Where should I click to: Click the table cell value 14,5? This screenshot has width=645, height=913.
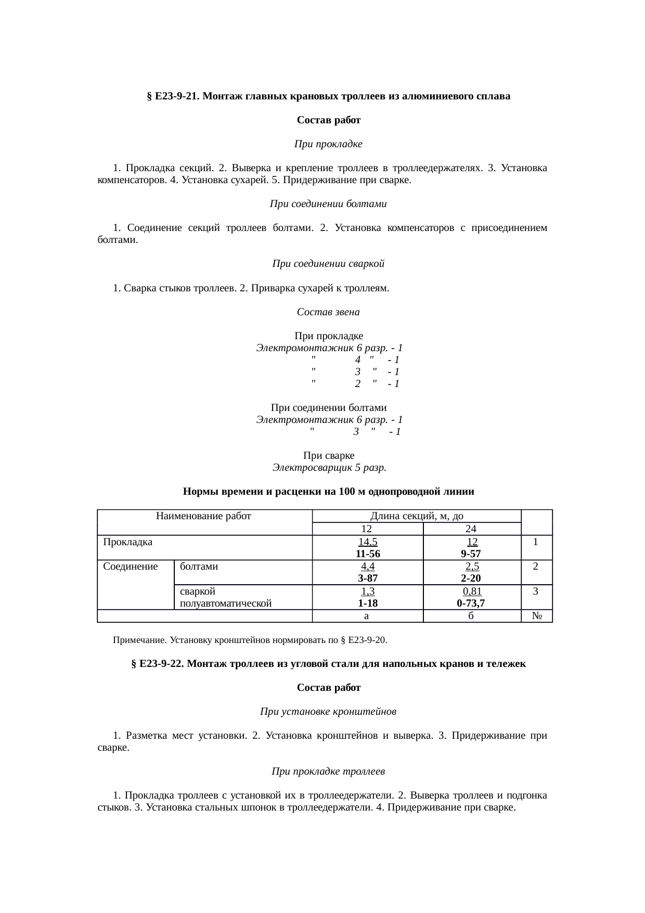[368, 542]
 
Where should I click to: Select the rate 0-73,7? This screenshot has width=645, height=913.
[471, 603]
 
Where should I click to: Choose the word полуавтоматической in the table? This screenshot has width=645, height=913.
[226, 603]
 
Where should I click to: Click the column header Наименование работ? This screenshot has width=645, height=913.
[203, 516]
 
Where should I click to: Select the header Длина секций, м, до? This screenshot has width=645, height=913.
[417, 516]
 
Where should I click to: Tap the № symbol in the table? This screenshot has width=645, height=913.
[537, 616]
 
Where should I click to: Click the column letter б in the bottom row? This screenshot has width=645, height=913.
[471, 616]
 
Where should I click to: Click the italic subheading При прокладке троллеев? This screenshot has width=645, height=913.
[328, 771]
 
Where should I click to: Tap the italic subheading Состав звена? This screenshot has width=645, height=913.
[328, 312]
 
